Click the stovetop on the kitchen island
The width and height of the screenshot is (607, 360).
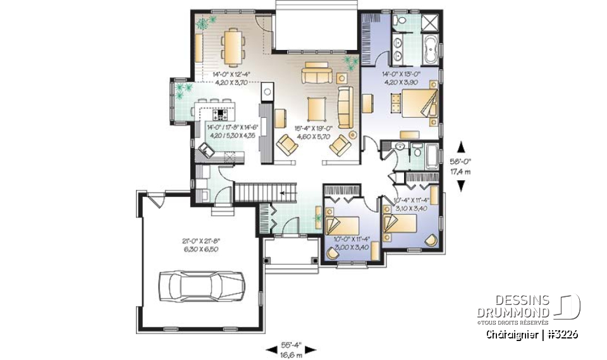pyautogui.click(x=222, y=115)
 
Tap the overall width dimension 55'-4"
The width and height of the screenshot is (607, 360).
pyautogui.click(x=291, y=345)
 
